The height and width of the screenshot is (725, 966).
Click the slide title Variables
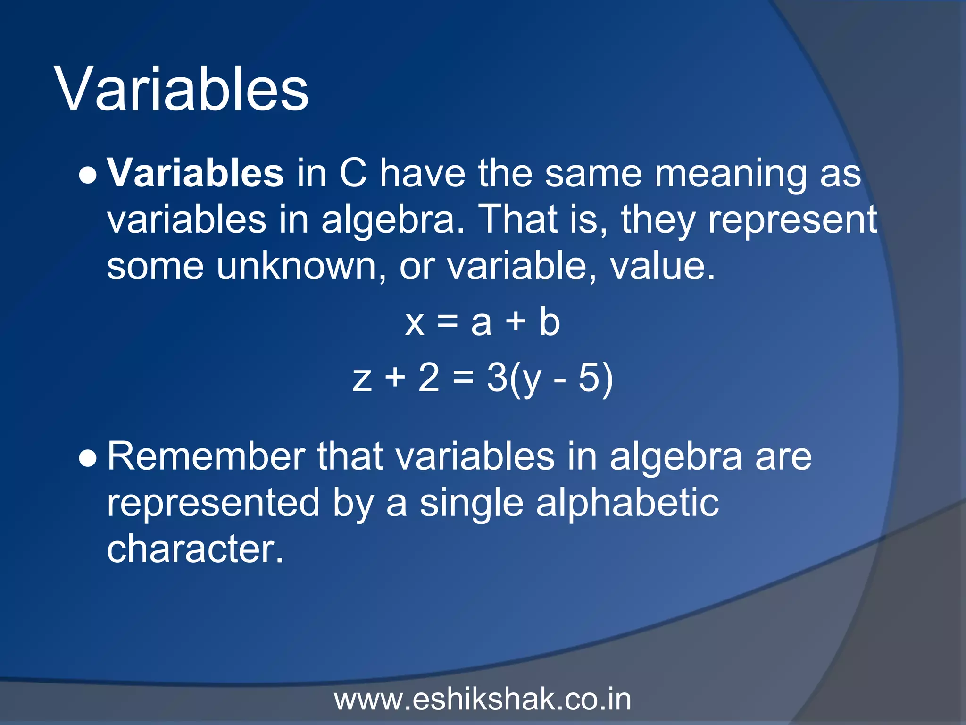click(x=182, y=90)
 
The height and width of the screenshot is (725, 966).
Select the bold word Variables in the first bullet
click(x=195, y=173)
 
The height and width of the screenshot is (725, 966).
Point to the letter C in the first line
click(x=353, y=173)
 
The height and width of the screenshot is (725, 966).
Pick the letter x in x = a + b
click(x=415, y=324)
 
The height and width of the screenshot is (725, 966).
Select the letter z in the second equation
click(x=362, y=379)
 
